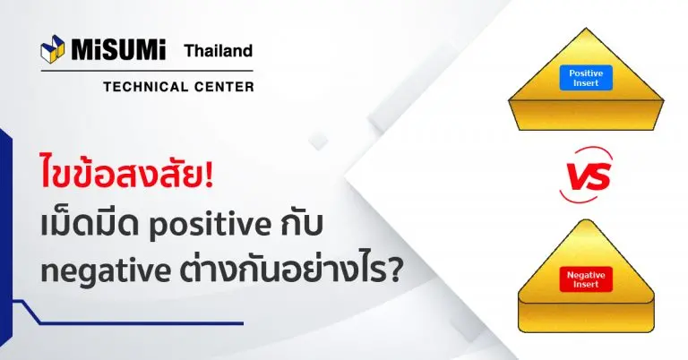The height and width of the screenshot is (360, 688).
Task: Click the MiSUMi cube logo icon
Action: coord(52,47)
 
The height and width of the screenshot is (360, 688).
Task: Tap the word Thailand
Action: coord(219,51)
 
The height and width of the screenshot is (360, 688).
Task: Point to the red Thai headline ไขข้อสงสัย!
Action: coord(127,173)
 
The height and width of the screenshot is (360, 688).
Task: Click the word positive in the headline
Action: coord(211,226)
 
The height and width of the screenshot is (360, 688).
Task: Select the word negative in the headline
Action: coord(106,272)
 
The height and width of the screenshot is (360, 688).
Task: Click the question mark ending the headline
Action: coord(395,270)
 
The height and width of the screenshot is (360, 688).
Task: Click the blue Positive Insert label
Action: coord(586,78)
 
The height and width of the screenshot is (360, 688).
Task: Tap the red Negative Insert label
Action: coord(586,279)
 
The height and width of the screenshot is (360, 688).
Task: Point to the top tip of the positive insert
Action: coord(586,28)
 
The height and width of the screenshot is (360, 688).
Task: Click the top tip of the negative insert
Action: coord(586,220)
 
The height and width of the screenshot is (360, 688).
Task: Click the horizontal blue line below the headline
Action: coord(142,323)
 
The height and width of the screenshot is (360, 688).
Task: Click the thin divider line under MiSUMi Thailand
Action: coord(147,71)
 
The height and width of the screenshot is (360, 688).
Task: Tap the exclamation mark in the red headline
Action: coord(209,174)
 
